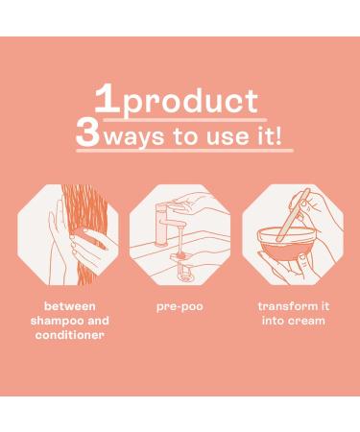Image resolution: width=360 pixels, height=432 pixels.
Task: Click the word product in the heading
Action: point(190,103)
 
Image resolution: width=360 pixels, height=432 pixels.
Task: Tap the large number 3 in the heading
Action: point(87,133)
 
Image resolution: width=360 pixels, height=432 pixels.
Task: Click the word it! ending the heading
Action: point(269,135)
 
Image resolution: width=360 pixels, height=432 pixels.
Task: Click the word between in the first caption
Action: point(69,306)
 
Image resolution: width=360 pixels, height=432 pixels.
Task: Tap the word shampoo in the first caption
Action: point(57,322)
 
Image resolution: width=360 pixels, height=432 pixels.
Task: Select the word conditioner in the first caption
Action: point(69,335)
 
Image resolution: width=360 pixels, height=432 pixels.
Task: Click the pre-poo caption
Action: point(180,307)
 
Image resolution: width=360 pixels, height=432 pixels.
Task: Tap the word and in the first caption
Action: point(99,321)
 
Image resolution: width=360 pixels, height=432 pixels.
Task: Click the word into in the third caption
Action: point(272,321)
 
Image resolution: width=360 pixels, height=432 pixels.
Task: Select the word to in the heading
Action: point(185,136)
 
